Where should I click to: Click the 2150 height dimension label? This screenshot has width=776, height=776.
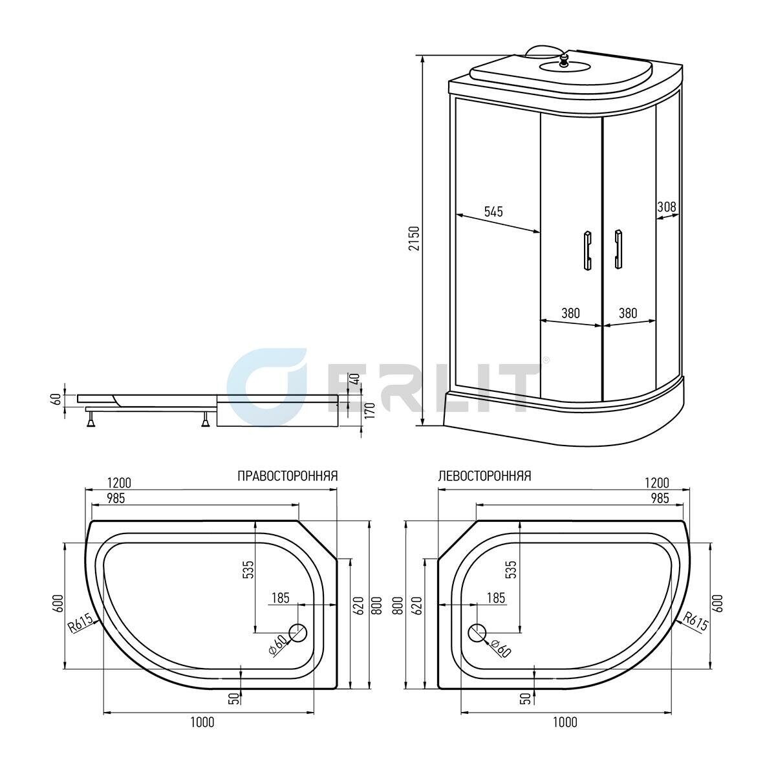[x=414, y=239]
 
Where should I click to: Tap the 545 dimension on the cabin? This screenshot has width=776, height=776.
[x=493, y=211]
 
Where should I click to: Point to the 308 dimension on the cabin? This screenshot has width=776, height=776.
[x=667, y=206]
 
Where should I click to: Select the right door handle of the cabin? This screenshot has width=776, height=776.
[x=618, y=249]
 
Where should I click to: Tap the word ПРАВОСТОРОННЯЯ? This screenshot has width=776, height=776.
[x=287, y=476]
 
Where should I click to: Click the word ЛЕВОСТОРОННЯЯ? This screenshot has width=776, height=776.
[x=485, y=476]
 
